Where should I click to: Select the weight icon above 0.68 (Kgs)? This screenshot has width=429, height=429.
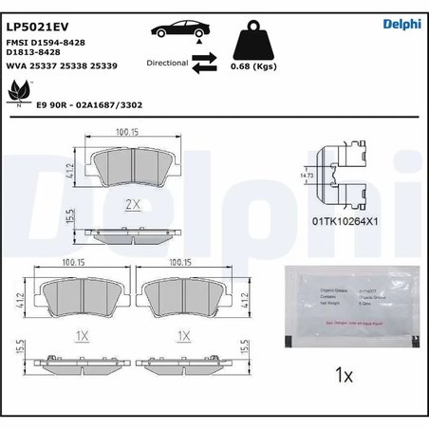coord(252,42)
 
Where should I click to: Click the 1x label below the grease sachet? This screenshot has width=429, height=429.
coord(345,376)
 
